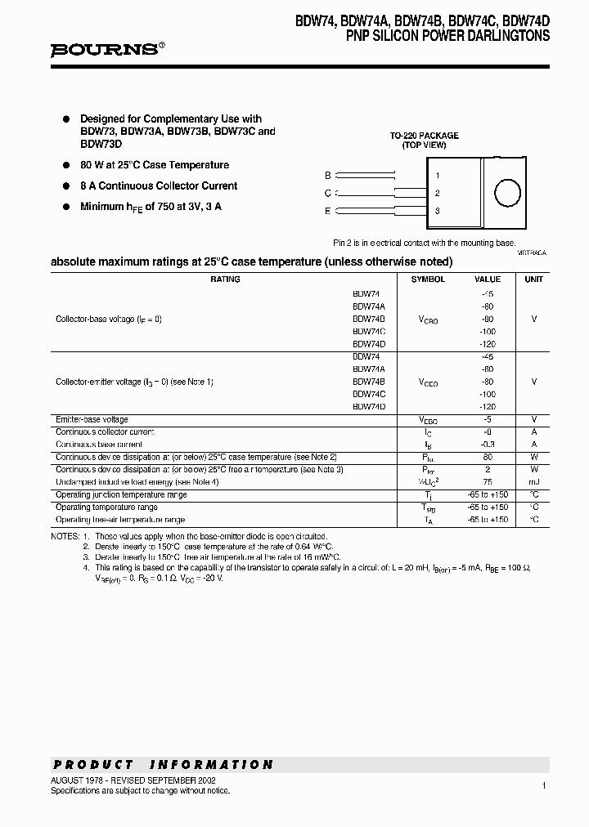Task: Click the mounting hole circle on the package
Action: coord(507,194)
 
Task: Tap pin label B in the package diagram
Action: coord(328,176)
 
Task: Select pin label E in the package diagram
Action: coord(328,212)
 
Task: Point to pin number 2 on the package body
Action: coord(438,194)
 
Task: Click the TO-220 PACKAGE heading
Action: coord(424,136)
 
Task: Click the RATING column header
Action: coord(225,279)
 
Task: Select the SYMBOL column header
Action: coord(428,279)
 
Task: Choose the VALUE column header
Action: coord(488,279)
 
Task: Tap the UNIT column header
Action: coord(534,279)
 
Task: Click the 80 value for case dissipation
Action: coord(488,457)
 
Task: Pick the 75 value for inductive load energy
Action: coord(488,482)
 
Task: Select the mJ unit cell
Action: coord(534,482)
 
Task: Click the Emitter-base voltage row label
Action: coord(92,419)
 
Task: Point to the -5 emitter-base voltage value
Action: coord(488,419)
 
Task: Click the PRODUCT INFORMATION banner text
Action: coord(163,765)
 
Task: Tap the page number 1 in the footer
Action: coord(543,785)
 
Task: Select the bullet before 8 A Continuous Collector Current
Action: coord(66,186)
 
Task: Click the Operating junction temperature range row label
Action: coord(121,495)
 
